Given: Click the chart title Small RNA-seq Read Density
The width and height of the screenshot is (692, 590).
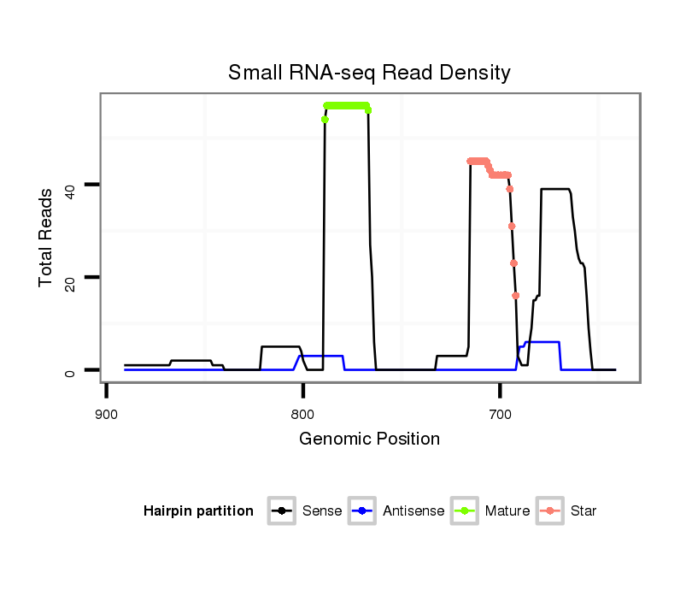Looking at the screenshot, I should click(369, 73).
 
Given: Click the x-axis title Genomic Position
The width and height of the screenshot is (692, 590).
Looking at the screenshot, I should click(369, 440).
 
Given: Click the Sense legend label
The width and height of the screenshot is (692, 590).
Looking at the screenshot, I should click(322, 511).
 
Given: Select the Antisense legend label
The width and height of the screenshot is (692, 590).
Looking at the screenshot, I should click(413, 511).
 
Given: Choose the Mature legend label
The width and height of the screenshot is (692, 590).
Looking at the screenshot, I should click(507, 511).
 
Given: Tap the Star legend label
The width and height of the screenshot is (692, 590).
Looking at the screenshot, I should click(584, 511).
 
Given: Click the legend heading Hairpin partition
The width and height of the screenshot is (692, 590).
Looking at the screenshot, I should click(198, 511).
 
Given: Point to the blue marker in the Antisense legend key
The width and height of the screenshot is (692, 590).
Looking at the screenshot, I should click(363, 511).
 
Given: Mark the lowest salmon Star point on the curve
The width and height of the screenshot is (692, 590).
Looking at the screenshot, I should click(515, 296).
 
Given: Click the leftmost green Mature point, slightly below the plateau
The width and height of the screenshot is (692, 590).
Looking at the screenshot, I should click(325, 120).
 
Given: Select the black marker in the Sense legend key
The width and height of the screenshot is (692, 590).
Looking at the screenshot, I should click(281, 511).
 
